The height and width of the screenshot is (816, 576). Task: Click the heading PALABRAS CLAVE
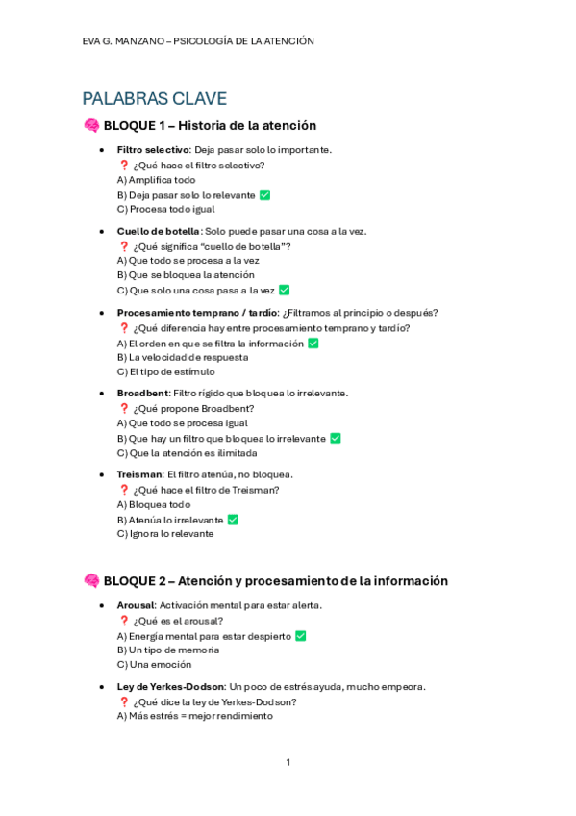[x=155, y=98]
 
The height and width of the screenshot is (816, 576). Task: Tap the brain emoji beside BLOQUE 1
[x=91, y=126]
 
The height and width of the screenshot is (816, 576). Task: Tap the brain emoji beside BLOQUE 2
[x=91, y=581]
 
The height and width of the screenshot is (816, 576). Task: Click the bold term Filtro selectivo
[x=153, y=150]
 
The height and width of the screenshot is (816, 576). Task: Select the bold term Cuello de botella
[x=159, y=231]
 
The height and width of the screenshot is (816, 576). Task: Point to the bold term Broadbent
[x=142, y=394]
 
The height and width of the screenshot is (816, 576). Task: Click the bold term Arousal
[x=136, y=605]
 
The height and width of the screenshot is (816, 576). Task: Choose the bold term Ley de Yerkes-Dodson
[x=171, y=687]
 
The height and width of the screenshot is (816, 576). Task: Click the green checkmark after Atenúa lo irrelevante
[x=233, y=520]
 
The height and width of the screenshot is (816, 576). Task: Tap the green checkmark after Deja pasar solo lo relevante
[x=264, y=194]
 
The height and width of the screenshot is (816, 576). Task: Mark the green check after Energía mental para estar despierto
[x=300, y=636]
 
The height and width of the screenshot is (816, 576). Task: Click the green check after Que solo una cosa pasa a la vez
[x=284, y=290]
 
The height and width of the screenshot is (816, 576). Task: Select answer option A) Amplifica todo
[x=156, y=180]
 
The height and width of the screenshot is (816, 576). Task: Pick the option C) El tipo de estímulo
[x=165, y=371]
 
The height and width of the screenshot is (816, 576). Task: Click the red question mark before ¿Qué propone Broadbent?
[x=123, y=409]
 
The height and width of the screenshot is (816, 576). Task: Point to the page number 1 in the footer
[x=288, y=762]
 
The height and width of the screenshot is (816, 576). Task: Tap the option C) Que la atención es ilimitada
[x=182, y=453]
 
